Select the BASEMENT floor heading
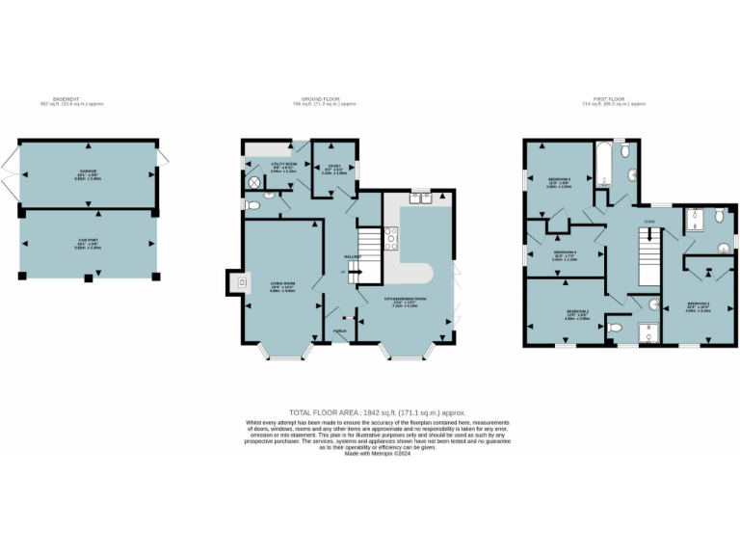66,99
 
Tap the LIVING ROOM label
281,283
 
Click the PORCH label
339,330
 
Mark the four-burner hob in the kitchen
391,238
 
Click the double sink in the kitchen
420,198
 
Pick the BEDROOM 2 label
578,312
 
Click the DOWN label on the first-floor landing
649,223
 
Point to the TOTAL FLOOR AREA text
370,411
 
